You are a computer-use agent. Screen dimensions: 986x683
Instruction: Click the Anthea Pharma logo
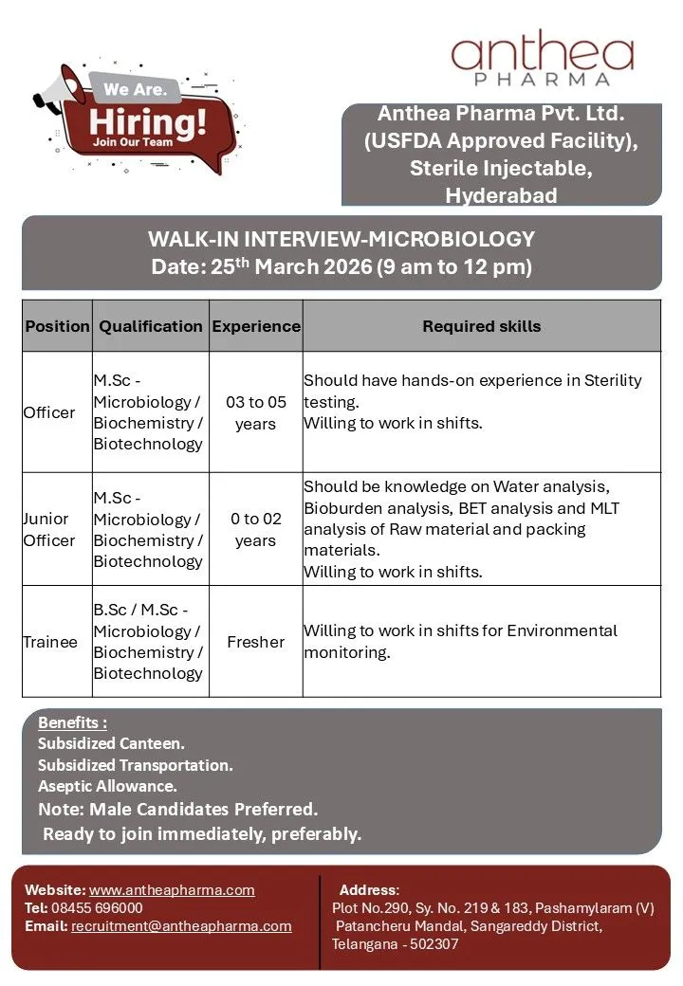coord(543,62)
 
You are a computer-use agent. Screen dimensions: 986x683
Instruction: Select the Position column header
coord(57,326)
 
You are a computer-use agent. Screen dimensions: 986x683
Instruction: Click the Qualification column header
coord(151,326)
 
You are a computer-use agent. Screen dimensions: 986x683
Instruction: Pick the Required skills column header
coord(481,326)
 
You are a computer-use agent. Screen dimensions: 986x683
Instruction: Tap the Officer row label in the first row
coord(49,412)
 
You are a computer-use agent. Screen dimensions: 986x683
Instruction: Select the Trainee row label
coord(50,642)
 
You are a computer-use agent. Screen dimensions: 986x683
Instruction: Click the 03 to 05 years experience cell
coord(255,412)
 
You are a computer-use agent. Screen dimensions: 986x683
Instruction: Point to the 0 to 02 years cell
coord(255,529)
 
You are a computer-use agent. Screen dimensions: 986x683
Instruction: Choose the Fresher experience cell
coord(255,642)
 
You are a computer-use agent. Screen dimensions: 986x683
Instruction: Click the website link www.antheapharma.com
coord(172,890)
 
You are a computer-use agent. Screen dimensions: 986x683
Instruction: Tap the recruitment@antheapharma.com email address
coord(181,926)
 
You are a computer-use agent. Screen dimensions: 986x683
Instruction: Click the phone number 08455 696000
coord(99,908)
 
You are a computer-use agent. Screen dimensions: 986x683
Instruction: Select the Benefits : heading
coord(72,723)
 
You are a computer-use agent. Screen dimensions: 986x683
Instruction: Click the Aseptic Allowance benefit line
coord(107,786)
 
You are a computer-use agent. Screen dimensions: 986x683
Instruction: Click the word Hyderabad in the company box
coord(501,196)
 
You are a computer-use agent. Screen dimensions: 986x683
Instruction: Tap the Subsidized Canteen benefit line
coord(111,744)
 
